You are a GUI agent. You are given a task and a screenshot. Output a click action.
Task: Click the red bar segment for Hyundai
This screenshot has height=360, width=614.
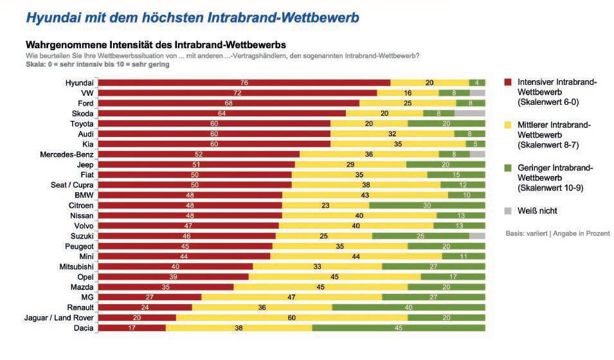(244, 82)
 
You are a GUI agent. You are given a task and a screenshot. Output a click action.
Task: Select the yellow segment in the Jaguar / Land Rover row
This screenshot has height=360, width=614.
(291, 318)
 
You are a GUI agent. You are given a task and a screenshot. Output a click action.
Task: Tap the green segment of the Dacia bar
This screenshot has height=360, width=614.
(399, 328)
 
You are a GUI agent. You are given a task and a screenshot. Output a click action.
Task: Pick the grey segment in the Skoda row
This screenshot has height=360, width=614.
(469, 113)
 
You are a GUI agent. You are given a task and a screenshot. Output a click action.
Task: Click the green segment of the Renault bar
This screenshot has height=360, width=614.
(408, 307)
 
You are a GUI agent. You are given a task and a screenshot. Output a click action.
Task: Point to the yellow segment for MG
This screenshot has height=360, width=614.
(292, 297)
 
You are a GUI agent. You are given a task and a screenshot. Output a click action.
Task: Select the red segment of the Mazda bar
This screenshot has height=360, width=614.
(166, 287)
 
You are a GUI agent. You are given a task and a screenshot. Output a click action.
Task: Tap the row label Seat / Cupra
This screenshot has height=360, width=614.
(70, 184)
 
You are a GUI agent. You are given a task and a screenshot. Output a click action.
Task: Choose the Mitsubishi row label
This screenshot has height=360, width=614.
(74, 266)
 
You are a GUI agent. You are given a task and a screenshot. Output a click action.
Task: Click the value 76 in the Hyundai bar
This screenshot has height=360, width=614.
(244, 82)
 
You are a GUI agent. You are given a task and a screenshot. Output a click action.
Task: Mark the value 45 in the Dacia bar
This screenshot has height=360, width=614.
(398, 328)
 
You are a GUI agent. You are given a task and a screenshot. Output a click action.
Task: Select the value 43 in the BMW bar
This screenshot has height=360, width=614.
(364, 195)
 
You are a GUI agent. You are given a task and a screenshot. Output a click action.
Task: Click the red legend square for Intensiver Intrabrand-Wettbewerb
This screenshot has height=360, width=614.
(507, 82)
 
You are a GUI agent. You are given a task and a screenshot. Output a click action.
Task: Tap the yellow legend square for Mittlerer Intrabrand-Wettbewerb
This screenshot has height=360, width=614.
(507, 125)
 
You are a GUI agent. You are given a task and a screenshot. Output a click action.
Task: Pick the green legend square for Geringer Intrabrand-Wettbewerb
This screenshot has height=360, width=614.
(507, 168)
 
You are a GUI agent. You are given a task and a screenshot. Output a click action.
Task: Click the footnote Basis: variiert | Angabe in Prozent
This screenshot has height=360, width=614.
(557, 233)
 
